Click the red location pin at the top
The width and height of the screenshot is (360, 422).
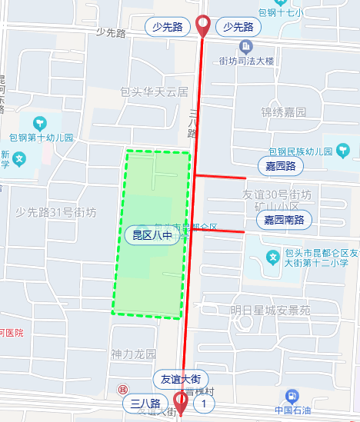203,24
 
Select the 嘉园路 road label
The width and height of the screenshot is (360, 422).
280,166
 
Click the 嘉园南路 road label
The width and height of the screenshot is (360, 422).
284,220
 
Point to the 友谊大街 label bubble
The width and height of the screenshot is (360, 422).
180,380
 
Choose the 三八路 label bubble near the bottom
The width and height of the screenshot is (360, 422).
145,404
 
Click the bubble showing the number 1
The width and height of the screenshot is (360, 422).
203,404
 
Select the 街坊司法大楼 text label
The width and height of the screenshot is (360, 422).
246,61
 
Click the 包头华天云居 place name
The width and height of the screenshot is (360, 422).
154,91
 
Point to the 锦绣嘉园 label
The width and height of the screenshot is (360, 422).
283,112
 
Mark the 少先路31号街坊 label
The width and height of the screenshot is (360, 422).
56,212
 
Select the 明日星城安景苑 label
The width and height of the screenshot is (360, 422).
270,311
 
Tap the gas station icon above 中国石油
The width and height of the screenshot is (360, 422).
292,397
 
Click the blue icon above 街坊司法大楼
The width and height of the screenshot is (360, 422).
246,47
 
